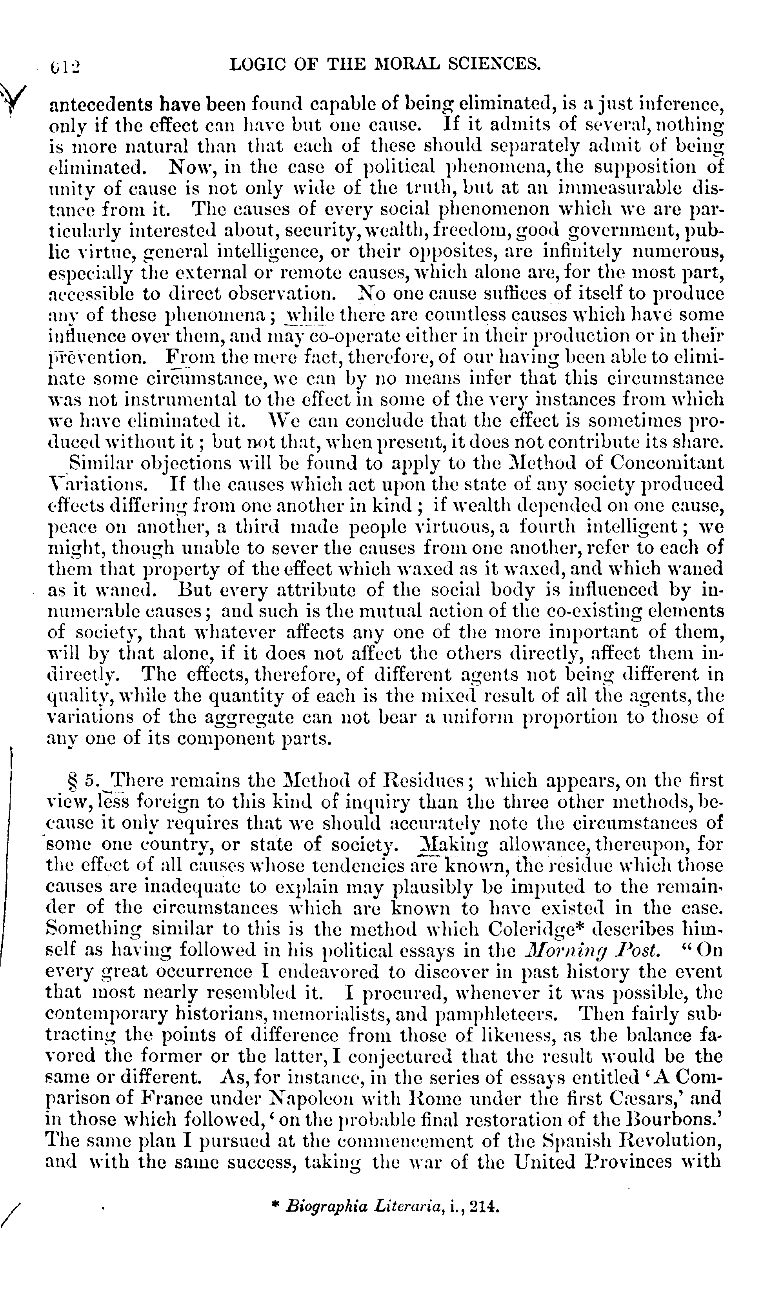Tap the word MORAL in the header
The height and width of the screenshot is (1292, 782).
pyautogui.click(x=388, y=64)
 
